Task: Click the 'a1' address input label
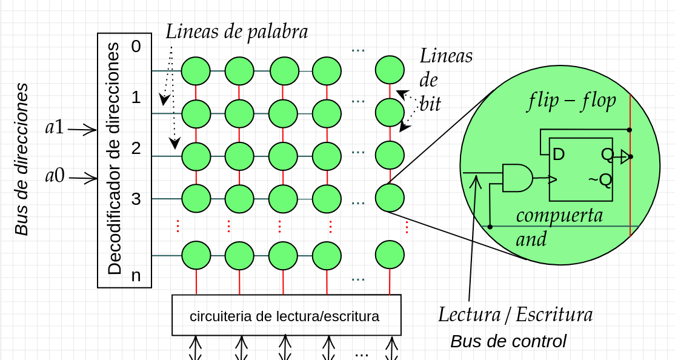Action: click(x=55, y=128)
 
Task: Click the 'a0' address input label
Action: click(x=55, y=176)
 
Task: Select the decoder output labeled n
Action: click(x=136, y=276)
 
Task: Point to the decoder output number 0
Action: click(x=136, y=47)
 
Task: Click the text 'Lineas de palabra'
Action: click(x=237, y=32)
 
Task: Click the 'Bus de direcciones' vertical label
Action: click(x=22, y=159)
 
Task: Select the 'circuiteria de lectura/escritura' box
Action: click(x=286, y=315)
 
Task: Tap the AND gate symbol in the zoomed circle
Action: click(x=517, y=178)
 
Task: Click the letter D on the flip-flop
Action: click(x=559, y=155)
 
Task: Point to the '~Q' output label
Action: click(x=599, y=179)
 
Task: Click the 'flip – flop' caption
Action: click(x=571, y=101)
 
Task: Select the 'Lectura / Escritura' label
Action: click(x=515, y=315)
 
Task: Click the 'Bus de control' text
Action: click(x=508, y=341)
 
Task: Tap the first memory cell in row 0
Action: click(x=196, y=71)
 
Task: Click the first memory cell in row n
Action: click(x=196, y=255)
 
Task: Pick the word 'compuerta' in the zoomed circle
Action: click(x=559, y=215)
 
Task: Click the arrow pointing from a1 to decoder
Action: click(x=82, y=129)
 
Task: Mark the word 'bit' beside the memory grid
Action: click(x=430, y=104)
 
